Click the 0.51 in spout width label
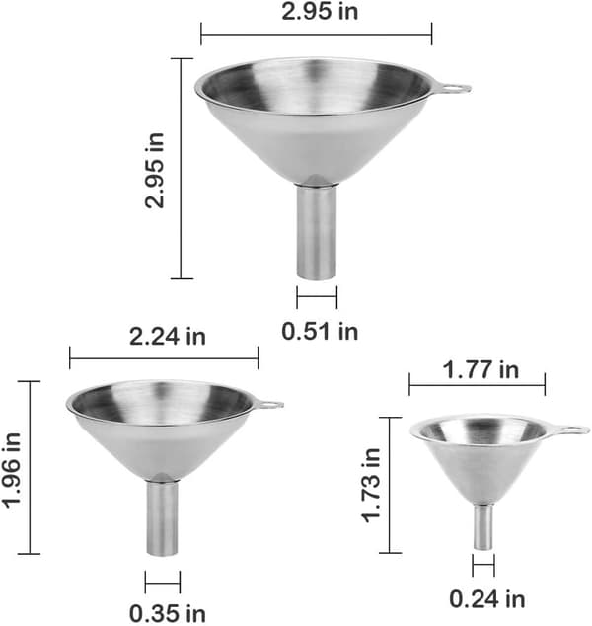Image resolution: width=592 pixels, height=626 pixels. click(x=320, y=332)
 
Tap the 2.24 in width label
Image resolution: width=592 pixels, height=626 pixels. click(x=168, y=337)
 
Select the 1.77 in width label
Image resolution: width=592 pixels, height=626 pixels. click(x=481, y=370)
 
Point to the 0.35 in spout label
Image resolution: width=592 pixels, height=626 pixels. click(x=168, y=613)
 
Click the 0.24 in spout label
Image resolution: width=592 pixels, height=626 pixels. click(x=487, y=599)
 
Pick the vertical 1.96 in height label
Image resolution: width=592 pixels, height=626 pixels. click(x=13, y=470)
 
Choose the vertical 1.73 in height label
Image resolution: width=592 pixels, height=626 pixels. click(x=371, y=485)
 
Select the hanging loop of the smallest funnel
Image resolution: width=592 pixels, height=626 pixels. click(x=568, y=430)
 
